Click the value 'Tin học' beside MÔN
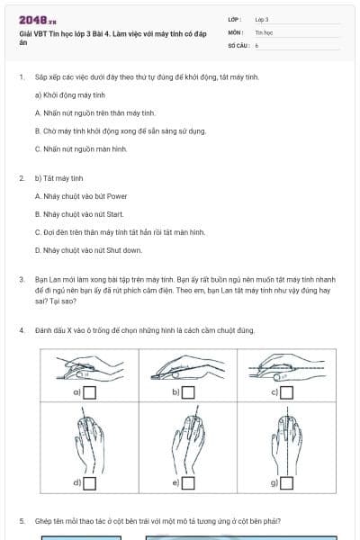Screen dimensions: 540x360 pos(264,31)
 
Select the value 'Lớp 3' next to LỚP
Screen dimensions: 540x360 pos(262,19)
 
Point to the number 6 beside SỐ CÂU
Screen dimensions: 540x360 pos(256,44)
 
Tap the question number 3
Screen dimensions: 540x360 pos(22,280)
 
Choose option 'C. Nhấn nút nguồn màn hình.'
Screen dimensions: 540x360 pos(81,148)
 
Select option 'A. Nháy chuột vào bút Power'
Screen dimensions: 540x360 pos(81,196)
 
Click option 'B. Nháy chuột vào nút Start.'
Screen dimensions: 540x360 pos(79,214)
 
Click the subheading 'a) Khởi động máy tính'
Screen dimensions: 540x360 pos(70,94)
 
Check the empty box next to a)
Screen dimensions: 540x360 pos(90,392)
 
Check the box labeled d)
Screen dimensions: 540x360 pos(90,483)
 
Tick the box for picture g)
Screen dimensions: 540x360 pos(287,483)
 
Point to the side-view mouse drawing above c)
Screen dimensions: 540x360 pos(287,365)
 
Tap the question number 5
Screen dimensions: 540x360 pos(22,521)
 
